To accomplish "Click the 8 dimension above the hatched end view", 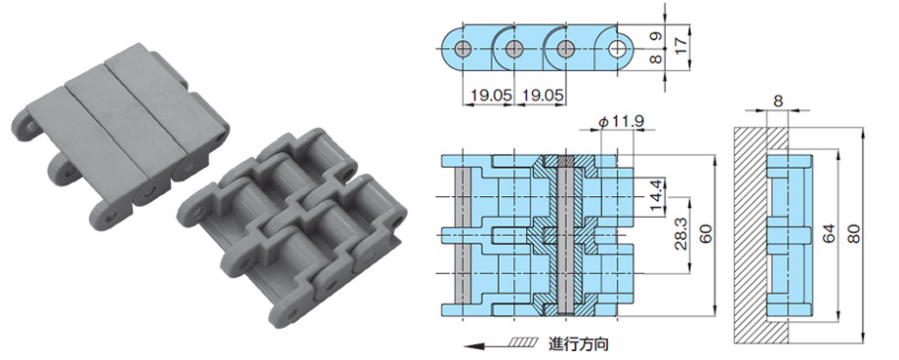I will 777,100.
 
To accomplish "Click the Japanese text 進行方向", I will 583,343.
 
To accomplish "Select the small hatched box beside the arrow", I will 521,343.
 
